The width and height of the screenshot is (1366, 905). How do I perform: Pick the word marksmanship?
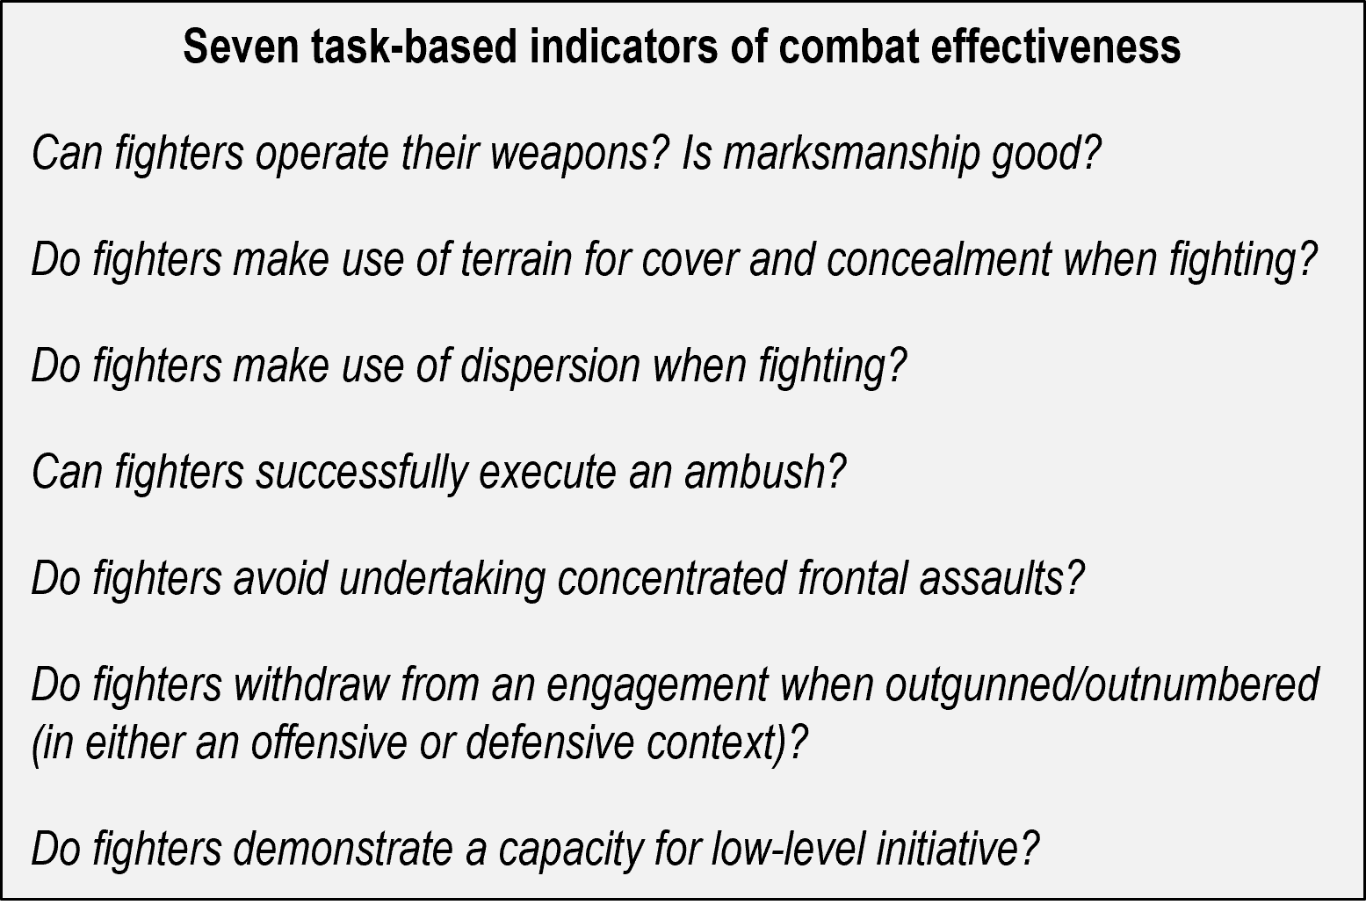click(x=850, y=155)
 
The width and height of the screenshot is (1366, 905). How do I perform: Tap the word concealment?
click(x=938, y=260)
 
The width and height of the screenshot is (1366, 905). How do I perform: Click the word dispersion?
click(x=550, y=366)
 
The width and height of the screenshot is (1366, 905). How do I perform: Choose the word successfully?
click(x=361, y=472)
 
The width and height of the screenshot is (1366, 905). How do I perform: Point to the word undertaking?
click(x=442, y=579)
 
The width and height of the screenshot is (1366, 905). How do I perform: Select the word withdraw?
click(x=311, y=684)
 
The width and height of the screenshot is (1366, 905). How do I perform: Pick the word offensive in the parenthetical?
click(x=329, y=742)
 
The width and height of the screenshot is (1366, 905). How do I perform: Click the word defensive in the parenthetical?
click(x=550, y=742)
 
